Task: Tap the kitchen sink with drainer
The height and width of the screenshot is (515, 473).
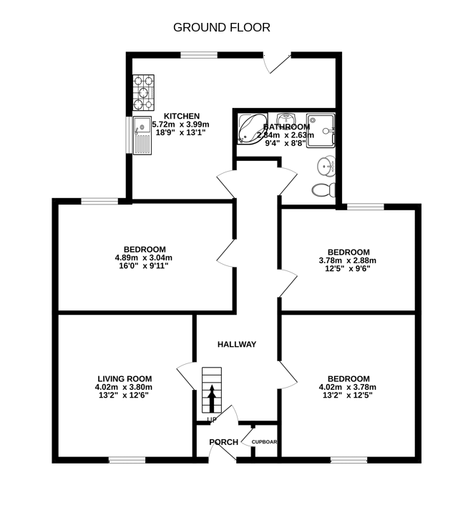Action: point(141,135)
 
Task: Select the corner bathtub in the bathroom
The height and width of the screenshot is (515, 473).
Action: point(252,127)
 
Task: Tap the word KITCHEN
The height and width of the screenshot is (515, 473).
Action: point(182,117)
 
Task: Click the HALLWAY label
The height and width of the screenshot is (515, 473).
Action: point(237,345)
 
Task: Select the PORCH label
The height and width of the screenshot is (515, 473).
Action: point(223,442)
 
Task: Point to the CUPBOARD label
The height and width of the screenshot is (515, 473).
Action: point(264,442)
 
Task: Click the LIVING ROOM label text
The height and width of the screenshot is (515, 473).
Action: point(125,379)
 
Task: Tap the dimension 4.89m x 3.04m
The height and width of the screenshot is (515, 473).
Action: point(144,257)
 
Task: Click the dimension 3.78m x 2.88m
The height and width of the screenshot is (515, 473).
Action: point(348,260)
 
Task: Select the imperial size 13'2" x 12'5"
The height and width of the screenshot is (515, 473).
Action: point(348,396)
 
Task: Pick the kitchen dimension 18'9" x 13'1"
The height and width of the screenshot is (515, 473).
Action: point(182,132)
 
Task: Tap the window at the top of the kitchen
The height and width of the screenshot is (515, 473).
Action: point(198,55)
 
